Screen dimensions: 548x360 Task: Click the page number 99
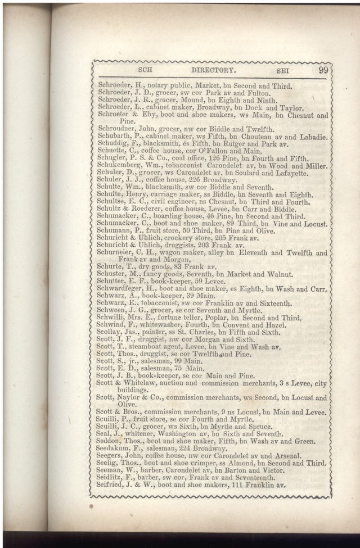coord(323,70)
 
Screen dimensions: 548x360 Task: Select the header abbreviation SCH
coord(146,71)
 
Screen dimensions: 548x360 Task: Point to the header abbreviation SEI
coord(284,71)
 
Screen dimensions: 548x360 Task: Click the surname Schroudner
coord(116,129)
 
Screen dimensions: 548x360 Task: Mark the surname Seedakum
coord(116,449)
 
